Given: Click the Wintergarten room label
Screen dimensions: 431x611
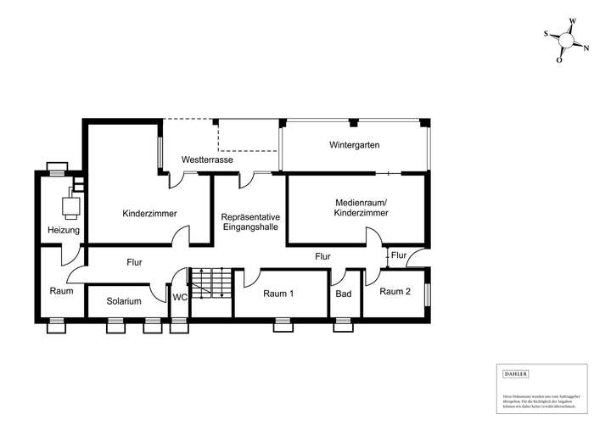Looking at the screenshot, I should (354, 145).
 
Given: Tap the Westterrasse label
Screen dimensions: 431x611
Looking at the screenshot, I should (207, 160).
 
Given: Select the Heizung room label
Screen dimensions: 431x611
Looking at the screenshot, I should (64, 230).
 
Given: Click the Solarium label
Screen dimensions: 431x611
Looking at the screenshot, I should (124, 301).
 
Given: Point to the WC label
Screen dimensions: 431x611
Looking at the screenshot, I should (180, 298).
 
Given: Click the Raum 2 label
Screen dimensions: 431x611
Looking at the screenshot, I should (395, 291).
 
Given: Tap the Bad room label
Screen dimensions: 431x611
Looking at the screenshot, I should (343, 294).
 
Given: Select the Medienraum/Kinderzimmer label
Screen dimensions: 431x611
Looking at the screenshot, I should (362, 208).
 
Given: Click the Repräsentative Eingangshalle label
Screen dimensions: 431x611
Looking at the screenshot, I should (250, 222).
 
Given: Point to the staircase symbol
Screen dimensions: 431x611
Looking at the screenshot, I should (210, 283).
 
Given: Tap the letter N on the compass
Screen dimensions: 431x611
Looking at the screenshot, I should (586, 48).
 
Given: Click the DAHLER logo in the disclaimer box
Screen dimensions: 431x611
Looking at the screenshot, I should (516, 373).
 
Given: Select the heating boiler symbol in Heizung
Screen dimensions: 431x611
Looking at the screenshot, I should (70, 204).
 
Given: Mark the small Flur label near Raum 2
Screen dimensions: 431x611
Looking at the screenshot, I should (399, 255).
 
